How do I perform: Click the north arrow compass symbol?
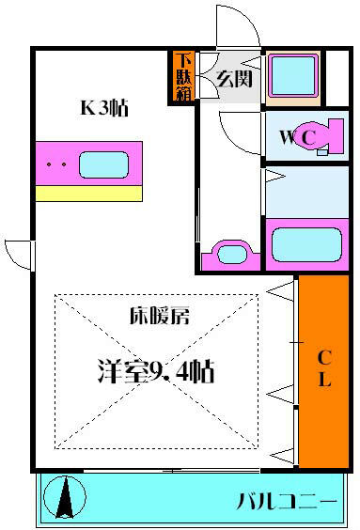click(65, 497)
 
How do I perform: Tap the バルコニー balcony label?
click(287, 501)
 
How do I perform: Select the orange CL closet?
click(323, 371)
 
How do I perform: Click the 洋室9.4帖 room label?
click(156, 371)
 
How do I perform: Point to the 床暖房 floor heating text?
click(160, 316)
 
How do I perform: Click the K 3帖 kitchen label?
click(104, 108)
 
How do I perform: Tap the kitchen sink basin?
click(103, 164)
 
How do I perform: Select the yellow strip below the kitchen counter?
click(89, 194)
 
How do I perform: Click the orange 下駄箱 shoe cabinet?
click(184, 77)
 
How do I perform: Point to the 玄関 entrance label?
click(234, 78)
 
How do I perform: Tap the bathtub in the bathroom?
click(306, 244)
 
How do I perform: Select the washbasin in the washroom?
click(231, 256)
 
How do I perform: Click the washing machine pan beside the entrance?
click(293, 78)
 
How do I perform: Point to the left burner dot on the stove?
click(50, 164)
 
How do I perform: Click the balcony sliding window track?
click(172, 470)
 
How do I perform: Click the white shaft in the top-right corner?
click(337, 78)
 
